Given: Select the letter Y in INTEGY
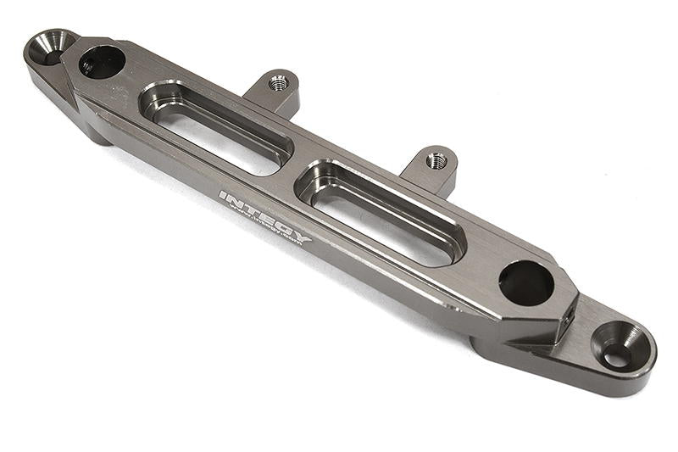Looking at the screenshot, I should (x=303, y=238).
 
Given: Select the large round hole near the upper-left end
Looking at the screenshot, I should (x=102, y=62).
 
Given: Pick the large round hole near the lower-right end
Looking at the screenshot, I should (x=525, y=282).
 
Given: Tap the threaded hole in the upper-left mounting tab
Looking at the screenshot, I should (x=277, y=82).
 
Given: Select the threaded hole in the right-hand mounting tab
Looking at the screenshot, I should (x=436, y=159).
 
